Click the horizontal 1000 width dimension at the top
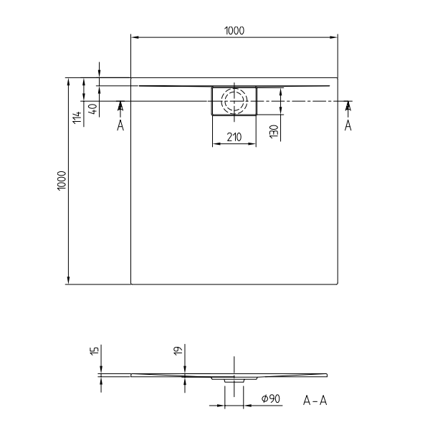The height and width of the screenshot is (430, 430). coord(234,30)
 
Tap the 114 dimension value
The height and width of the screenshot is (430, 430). coord(77,117)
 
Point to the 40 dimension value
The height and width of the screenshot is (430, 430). coord(92,110)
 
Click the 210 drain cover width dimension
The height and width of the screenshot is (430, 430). coord(234,137)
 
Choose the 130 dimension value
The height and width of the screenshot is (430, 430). coord(274,131)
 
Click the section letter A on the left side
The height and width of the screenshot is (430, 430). coord(120,125)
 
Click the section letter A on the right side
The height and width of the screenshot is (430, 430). coord(348,125)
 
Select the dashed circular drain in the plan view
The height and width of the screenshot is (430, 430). coord(234,100)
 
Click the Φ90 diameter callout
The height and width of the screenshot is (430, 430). coord(269,398)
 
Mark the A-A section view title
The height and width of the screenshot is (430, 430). coord(315,400)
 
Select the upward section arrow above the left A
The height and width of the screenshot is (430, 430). coord(120,107)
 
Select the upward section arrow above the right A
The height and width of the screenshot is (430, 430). coord(348,107)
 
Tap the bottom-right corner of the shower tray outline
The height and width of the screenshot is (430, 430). coord(338,284)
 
